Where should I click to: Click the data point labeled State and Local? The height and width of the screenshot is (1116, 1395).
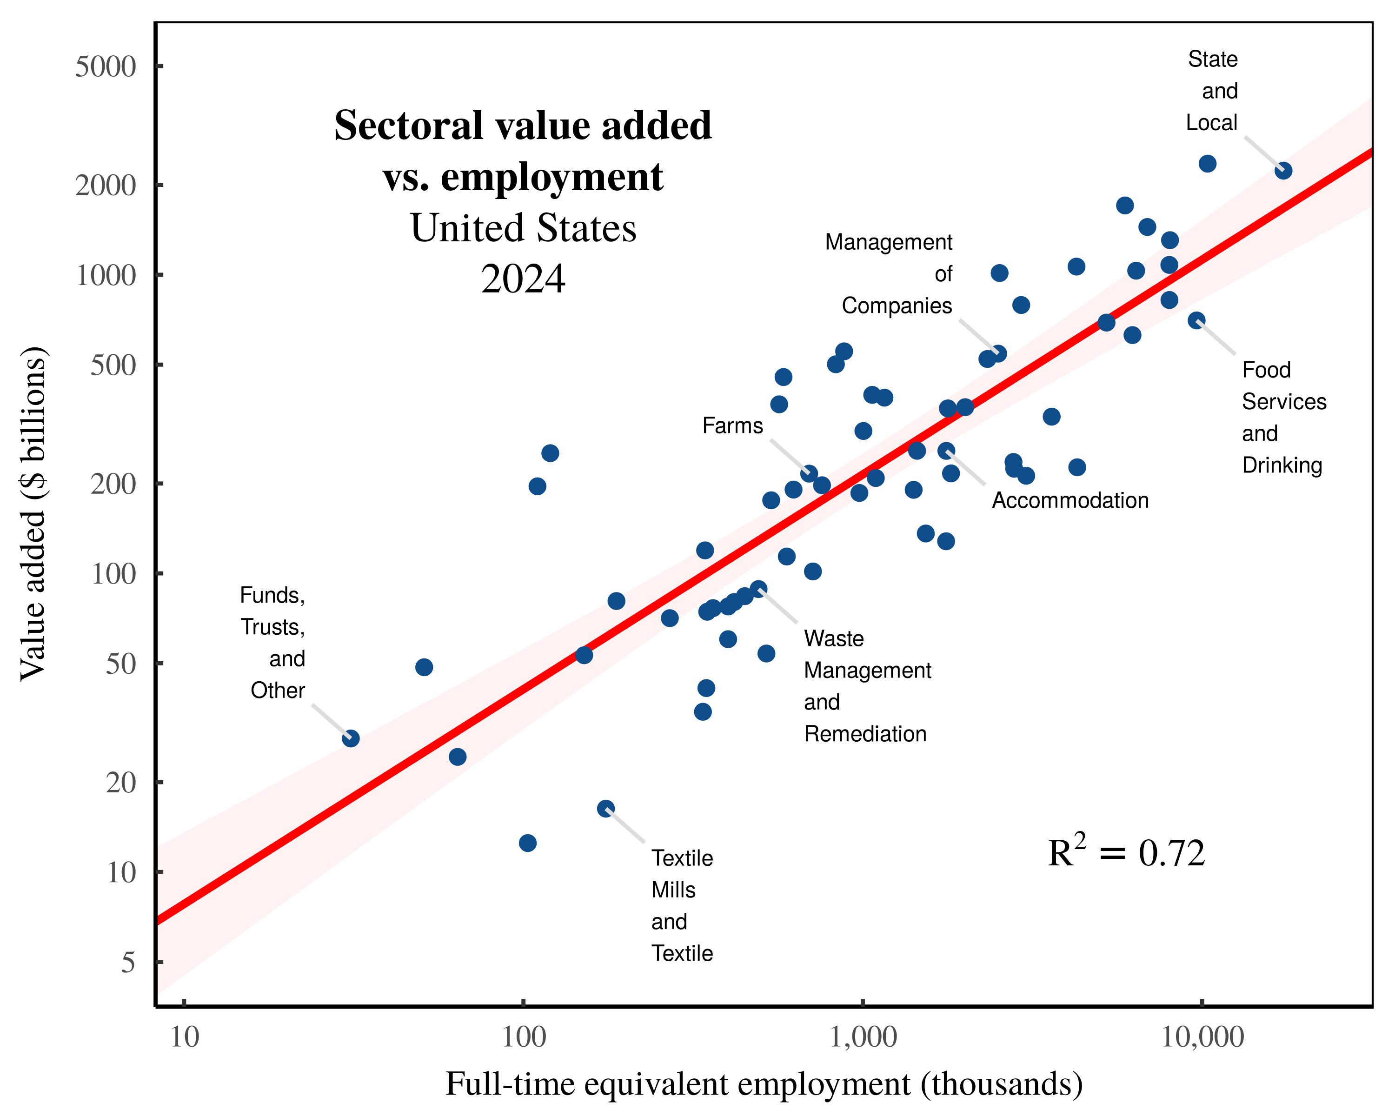(1283, 171)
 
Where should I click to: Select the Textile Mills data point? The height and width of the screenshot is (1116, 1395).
(605, 808)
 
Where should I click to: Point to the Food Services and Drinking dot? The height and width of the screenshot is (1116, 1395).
(1196, 320)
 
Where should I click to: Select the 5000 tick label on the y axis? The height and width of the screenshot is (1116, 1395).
(106, 66)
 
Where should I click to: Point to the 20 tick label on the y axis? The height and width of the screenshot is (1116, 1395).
(121, 783)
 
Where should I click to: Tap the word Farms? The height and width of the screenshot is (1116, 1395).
(732, 425)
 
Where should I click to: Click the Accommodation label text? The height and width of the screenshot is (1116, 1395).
(1070, 500)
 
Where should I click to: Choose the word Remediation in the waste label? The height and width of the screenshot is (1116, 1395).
(865, 734)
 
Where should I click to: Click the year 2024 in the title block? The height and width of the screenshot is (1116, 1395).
(523, 279)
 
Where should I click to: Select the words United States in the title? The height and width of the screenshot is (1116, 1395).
(523, 228)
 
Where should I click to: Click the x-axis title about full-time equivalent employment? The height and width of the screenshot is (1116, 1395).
(764, 1084)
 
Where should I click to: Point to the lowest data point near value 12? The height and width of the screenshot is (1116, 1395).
(527, 843)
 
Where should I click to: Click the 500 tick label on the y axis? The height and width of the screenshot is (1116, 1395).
(113, 365)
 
